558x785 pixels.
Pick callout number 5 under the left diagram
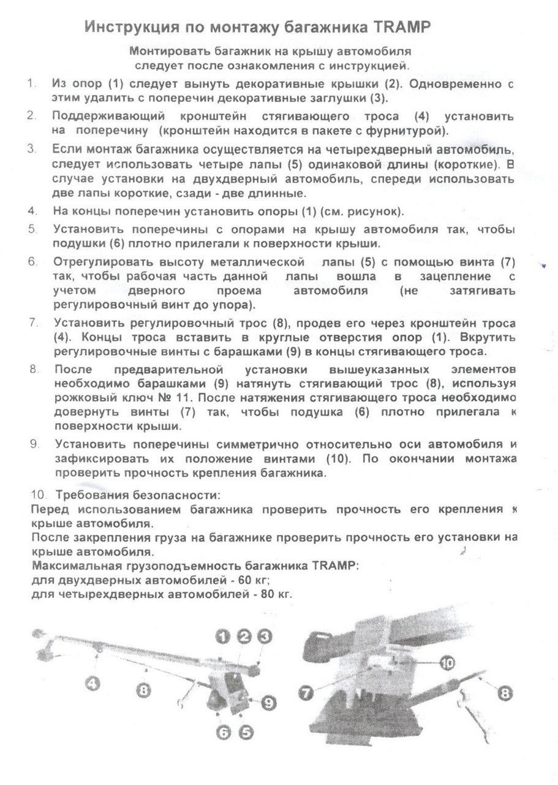tap(246, 732)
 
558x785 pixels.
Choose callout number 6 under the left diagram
tap(224, 732)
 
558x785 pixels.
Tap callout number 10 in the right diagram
tap(447, 663)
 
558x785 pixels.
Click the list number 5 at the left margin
tap(32, 230)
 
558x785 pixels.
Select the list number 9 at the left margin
tap(34, 443)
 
